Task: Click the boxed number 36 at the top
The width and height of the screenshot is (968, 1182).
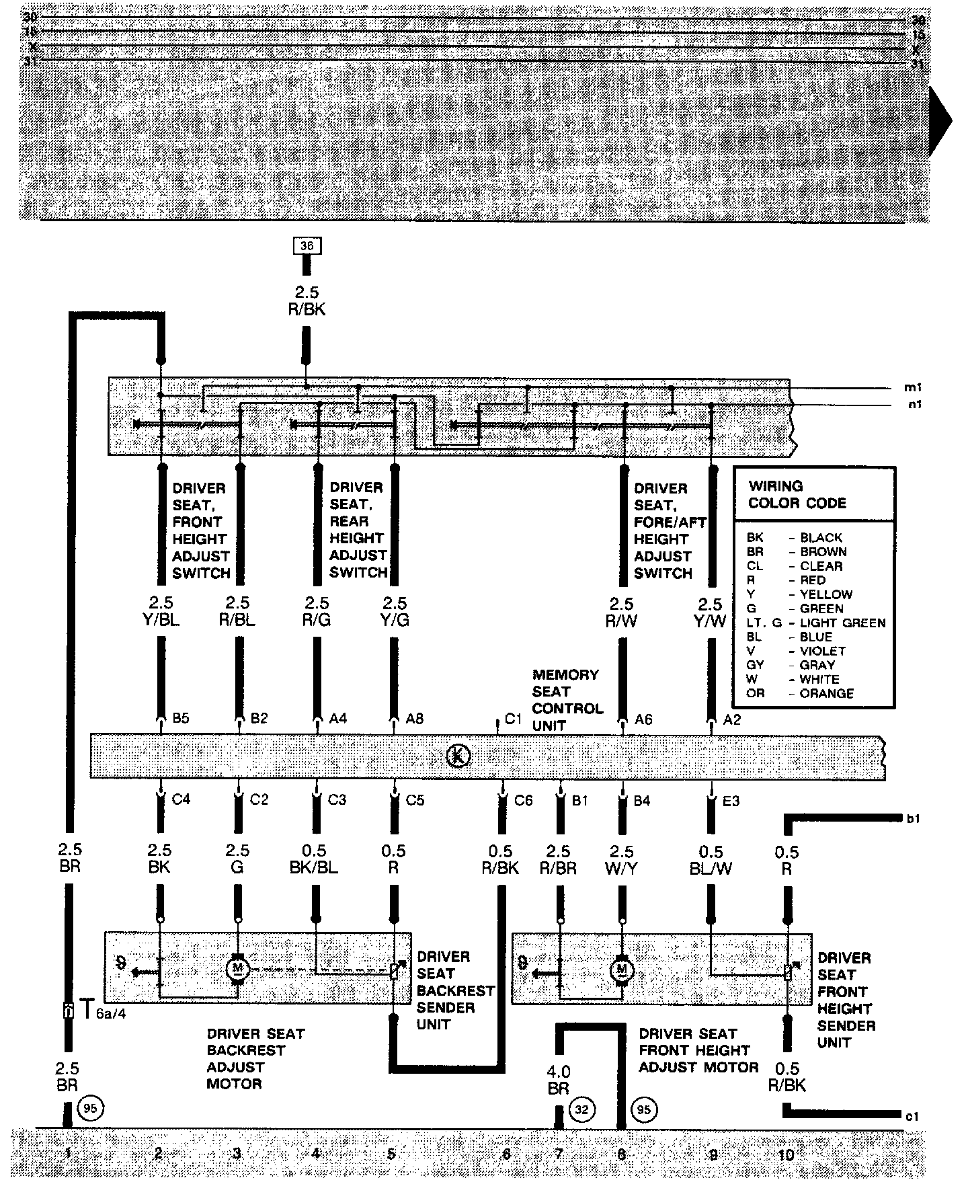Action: coord(307,246)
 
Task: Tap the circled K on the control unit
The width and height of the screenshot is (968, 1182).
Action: coord(458,756)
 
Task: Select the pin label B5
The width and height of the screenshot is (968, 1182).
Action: coord(180,718)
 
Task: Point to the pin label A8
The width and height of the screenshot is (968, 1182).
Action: coord(415,719)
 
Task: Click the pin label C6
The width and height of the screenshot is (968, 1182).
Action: coord(523,800)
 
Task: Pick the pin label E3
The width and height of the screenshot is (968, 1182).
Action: coord(731,801)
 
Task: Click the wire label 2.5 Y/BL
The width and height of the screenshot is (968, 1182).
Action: coord(161,611)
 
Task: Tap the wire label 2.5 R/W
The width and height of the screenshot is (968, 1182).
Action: coord(622,612)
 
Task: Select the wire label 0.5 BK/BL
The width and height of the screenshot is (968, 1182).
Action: coord(314,859)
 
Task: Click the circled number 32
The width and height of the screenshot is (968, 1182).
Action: coord(581,1109)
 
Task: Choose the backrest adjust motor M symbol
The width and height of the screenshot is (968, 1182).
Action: coord(237,968)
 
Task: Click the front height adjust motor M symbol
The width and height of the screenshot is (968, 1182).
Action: coord(622,970)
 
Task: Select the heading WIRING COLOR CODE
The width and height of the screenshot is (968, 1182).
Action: coord(797,494)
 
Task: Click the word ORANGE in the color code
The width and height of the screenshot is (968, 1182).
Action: coord(827,693)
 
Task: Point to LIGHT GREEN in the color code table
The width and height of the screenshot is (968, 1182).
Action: coord(842,623)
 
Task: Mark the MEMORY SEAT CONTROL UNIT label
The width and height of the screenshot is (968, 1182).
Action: coord(567,700)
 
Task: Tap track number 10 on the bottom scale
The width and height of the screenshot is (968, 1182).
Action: coord(786,1155)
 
